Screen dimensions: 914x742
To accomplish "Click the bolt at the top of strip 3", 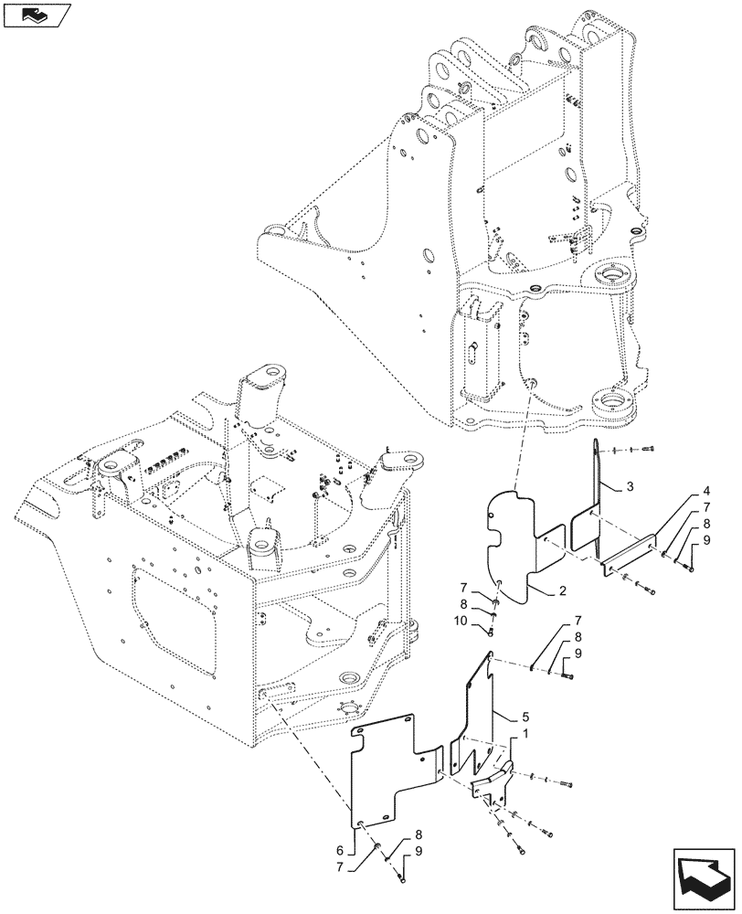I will coord(649,449).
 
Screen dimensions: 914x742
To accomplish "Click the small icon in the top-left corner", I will coord(33,15).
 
